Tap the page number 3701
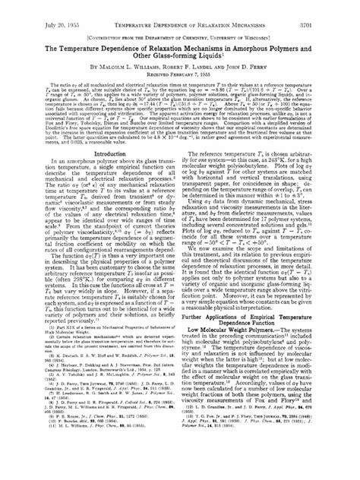pos(343,6)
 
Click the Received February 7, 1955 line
pos(180,64)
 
